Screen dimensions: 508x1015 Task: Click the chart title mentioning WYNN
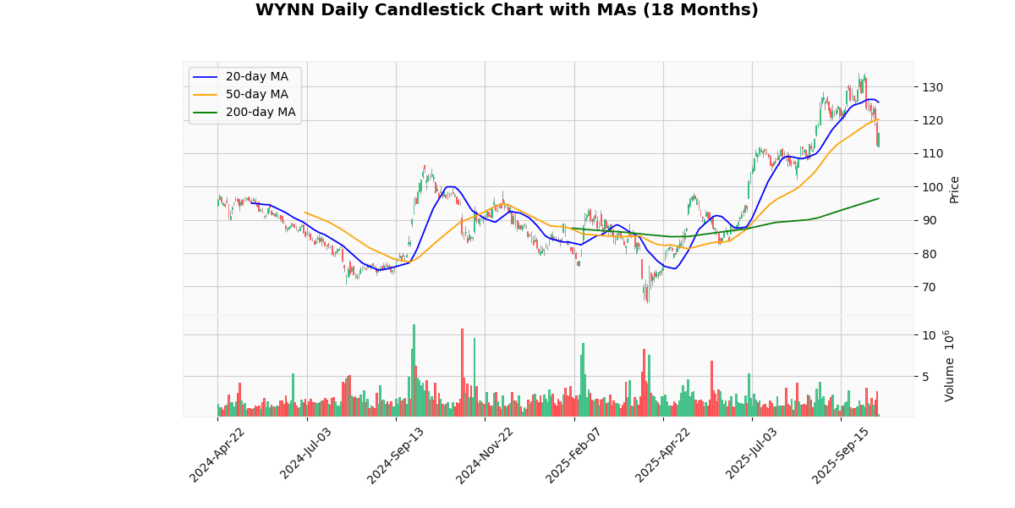point(507,10)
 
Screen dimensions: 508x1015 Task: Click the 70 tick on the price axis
point(929,287)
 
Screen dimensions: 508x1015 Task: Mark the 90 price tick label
point(929,220)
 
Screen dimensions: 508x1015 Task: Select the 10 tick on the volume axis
point(929,335)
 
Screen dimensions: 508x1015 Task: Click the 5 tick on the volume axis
point(925,377)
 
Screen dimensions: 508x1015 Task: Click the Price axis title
point(954,189)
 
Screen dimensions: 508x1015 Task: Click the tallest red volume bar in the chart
point(462,373)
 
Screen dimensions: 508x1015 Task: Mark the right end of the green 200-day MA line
point(879,198)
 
